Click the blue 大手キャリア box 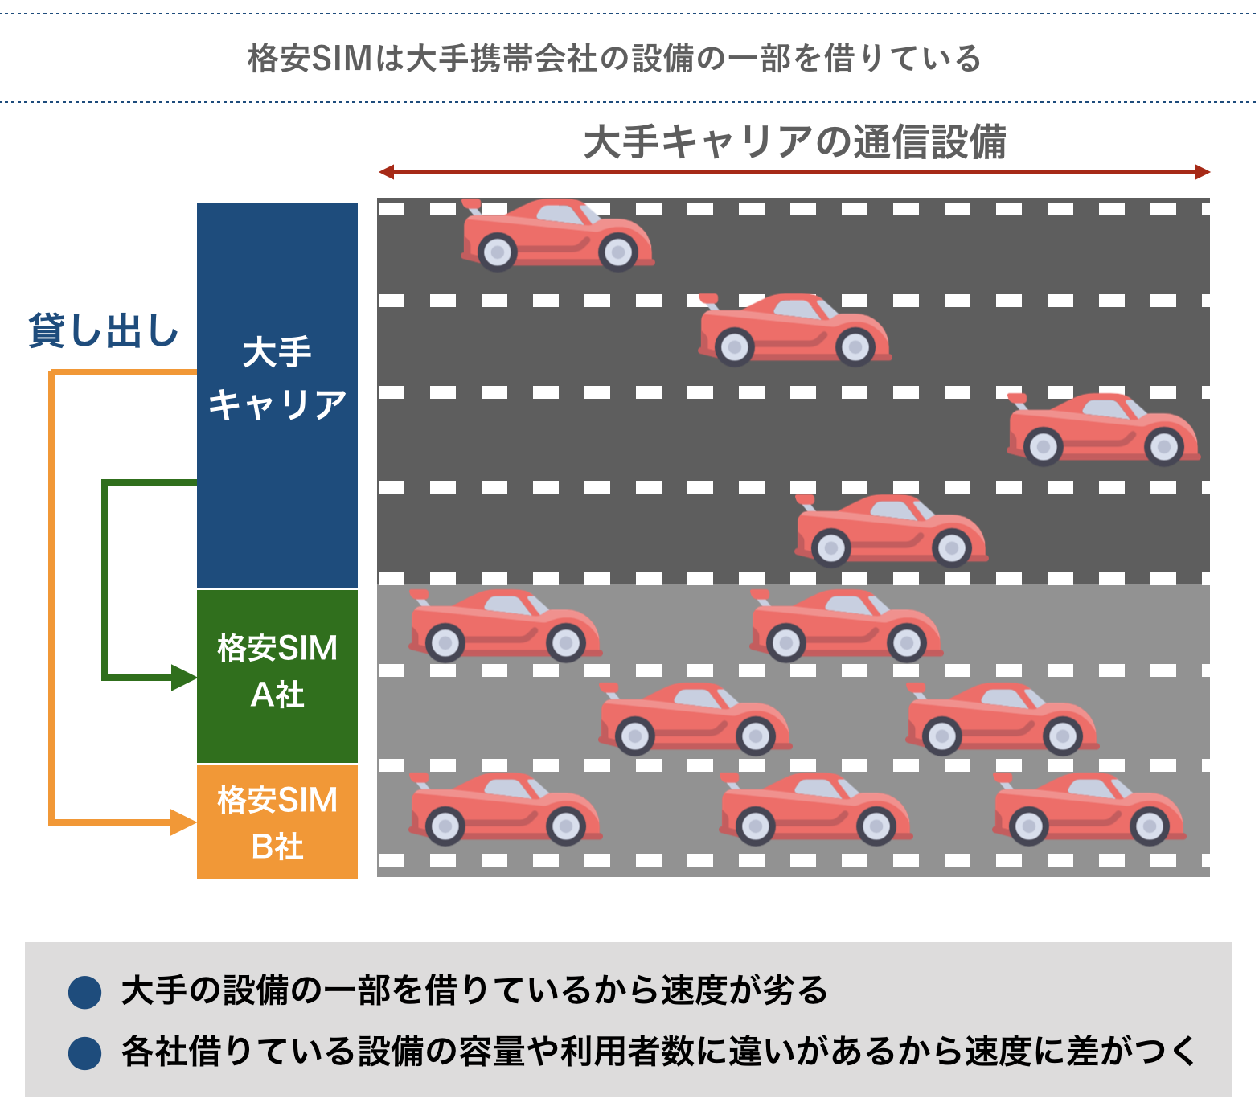pos(277,394)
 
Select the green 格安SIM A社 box pos(277,675)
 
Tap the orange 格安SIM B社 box pos(277,822)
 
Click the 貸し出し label pos(103,330)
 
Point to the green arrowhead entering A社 pos(184,677)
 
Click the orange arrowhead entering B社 pos(184,822)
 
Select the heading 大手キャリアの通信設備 pos(794,142)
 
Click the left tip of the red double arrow pos(383,171)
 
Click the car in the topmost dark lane pos(557,234)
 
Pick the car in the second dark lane pos(794,330)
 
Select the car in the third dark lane pos(1103,428)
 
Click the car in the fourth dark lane pos(891,531)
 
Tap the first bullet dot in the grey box pos(85,992)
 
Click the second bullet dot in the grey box pos(85,1053)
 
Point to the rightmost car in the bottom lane pos(1089,809)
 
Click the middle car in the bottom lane pos(815,809)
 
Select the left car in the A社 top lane pos(505,625)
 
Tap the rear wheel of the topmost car pos(498,252)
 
